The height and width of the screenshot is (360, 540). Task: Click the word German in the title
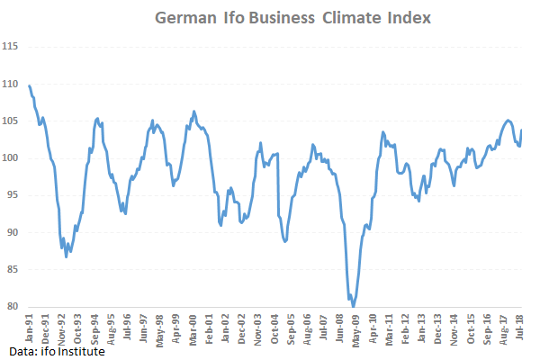pos(181,17)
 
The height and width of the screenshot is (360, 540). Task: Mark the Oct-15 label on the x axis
pos(471,329)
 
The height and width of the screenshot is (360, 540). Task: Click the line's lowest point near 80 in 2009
pos(353,306)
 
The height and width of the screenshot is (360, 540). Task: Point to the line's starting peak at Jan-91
pos(30,85)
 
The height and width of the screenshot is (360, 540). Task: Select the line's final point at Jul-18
pos(522,131)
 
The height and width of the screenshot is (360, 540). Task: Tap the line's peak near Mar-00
pos(193,112)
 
